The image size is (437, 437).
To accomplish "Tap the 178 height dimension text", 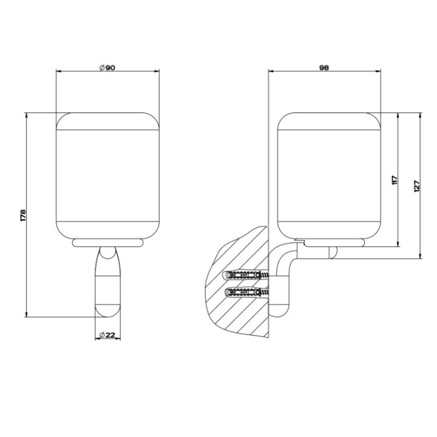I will click(22, 215).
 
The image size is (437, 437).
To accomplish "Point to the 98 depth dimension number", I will click(324, 68).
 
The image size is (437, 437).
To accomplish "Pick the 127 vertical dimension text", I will click(416, 186).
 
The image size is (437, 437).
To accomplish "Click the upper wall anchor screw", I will click(246, 275).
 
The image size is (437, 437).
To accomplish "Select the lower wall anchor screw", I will click(246, 293).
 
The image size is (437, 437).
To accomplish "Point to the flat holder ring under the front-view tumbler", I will click(107, 243).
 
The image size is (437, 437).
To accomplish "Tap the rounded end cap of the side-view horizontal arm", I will click(333, 252).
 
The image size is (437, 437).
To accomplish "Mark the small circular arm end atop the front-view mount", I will click(107, 254).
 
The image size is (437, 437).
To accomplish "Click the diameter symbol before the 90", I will click(101, 68).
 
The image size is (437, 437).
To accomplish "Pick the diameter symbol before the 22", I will click(100, 335).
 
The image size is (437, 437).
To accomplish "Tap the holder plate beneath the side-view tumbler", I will click(334, 243).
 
